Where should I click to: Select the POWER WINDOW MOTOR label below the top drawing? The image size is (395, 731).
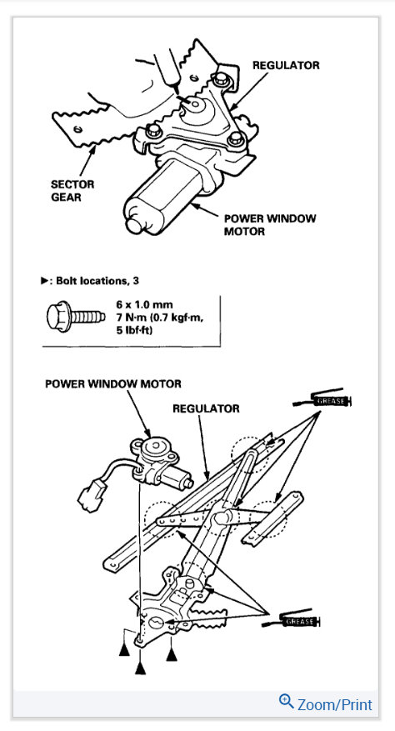270,225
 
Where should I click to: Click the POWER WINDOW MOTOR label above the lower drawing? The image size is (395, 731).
114,384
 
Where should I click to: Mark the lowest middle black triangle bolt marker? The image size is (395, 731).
141,666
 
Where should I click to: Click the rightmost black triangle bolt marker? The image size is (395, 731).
172,653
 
